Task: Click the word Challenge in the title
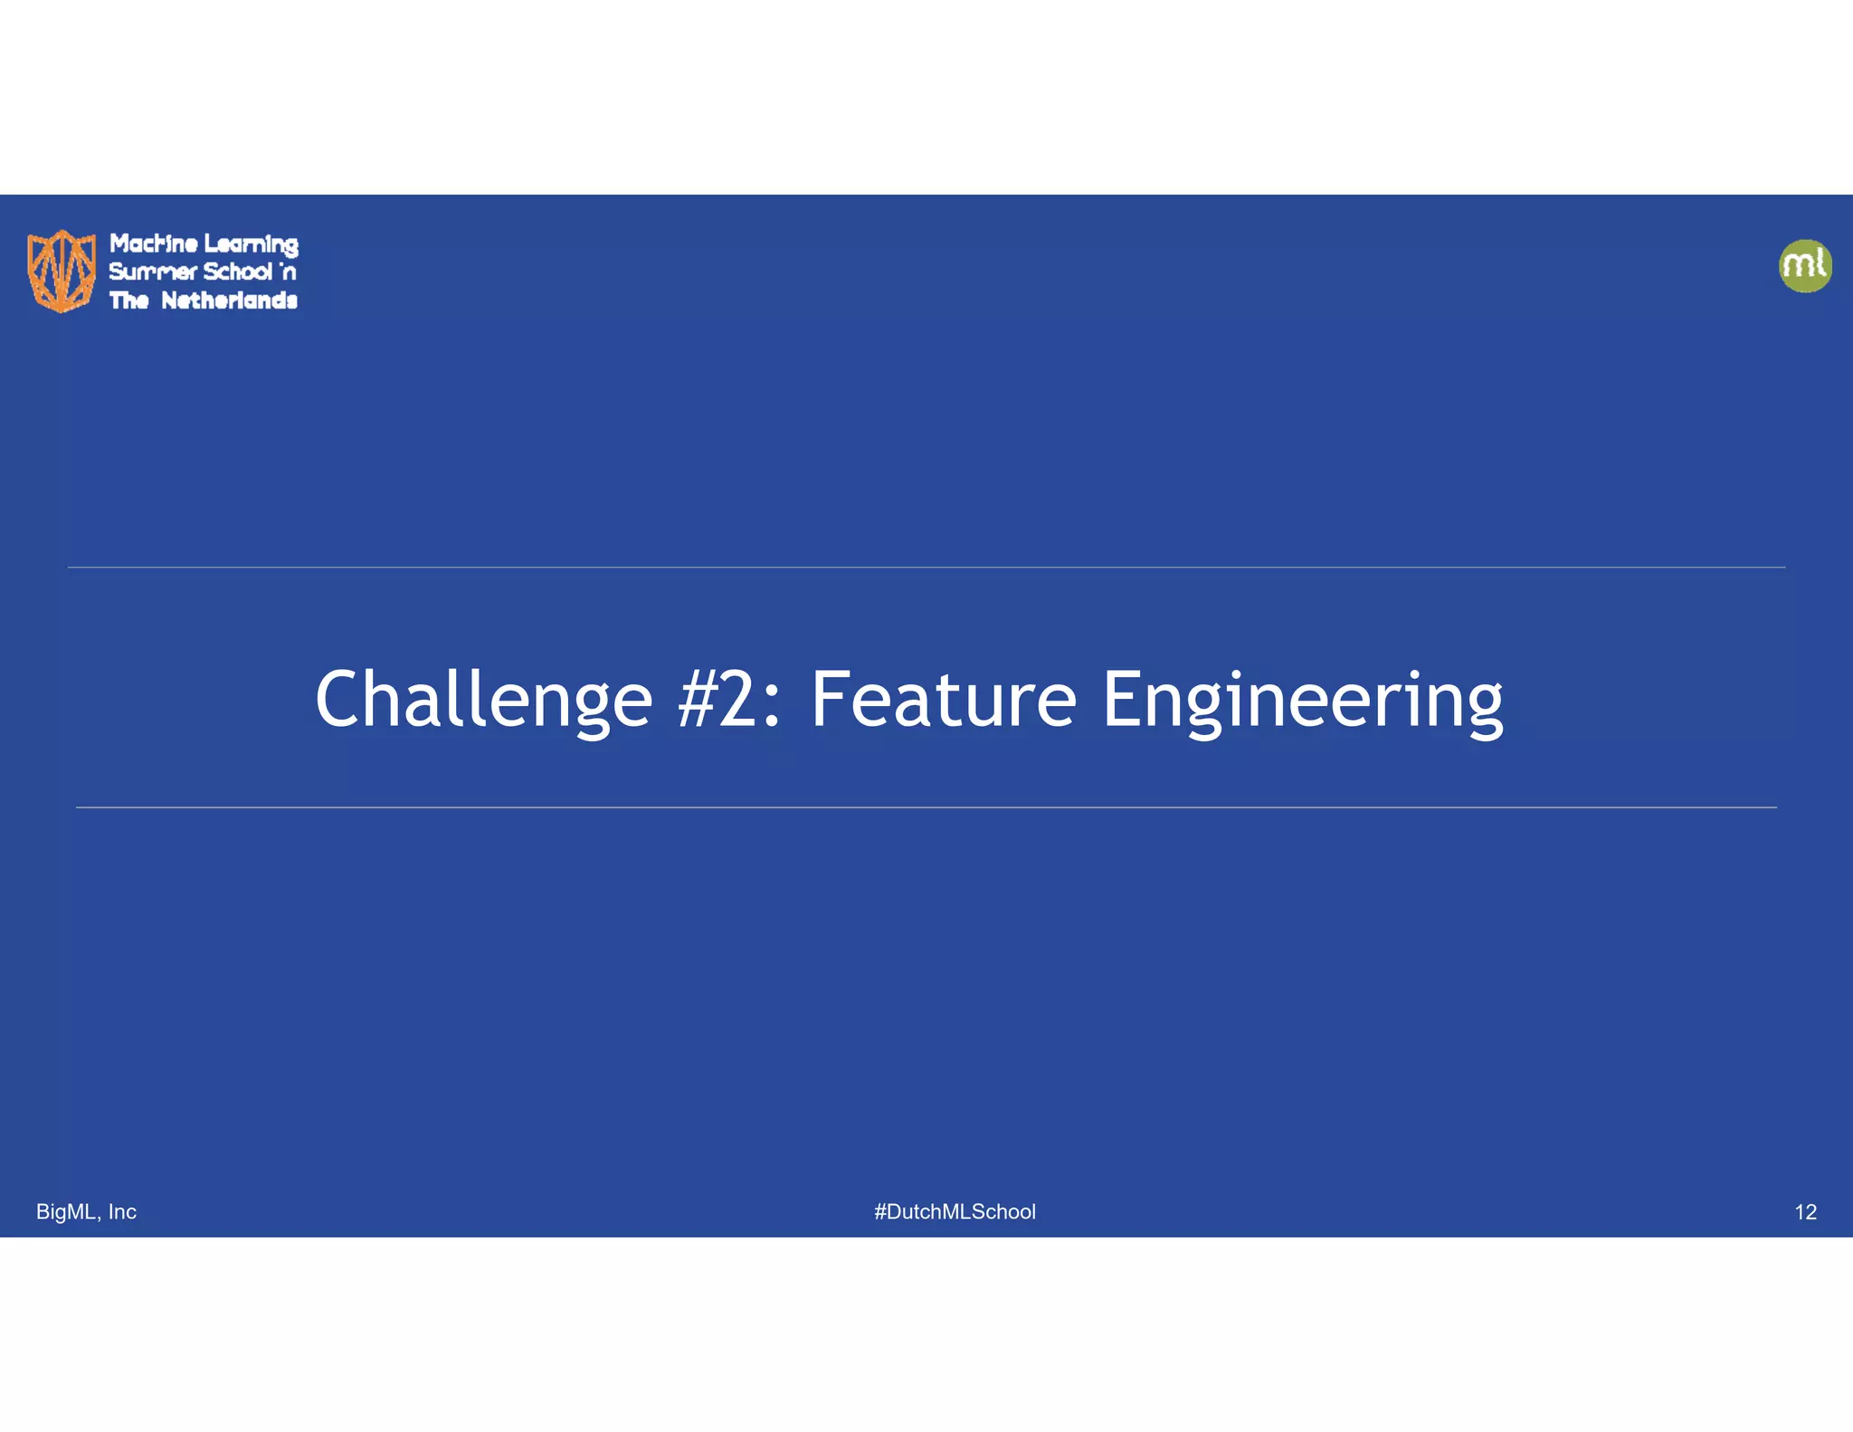point(483,699)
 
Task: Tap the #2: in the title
point(729,699)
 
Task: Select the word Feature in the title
point(943,699)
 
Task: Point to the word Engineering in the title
point(1302,699)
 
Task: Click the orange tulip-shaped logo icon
point(62,271)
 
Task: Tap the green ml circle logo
point(1805,265)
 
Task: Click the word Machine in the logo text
point(154,243)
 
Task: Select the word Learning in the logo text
point(251,244)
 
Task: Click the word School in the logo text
point(237,272)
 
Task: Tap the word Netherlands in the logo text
point(229,301)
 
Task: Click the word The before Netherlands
point(128,301)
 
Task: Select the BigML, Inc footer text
point(86,1211)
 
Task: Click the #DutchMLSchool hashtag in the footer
point(955,1211)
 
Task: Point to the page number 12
point(1805,1212)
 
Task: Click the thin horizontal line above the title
point(926,568)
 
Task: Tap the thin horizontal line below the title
point(926,807)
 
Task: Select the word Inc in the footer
point(122,1211)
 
